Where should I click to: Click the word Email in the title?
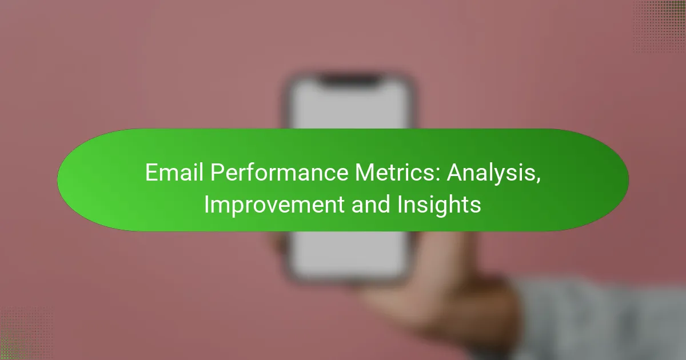coord(174,173)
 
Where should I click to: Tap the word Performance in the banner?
coord(280,173)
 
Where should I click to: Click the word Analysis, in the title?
coord(493,174)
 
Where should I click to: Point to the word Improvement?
coord(274,205)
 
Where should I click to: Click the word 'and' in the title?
coord(370,205)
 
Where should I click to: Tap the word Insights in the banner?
coord(439,205)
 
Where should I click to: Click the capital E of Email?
coord(151,173)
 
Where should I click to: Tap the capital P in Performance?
coord(217,173)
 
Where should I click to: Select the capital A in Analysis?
coord(455,173)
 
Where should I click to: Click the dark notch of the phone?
coord(350,79)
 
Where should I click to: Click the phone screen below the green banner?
coord(349,254)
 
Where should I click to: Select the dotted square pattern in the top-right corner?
coord(659,27)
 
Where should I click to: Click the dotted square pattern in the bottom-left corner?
coord(26,334)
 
